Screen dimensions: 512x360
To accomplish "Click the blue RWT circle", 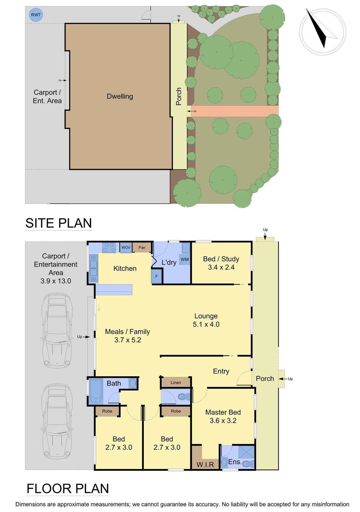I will [x=36, y=15].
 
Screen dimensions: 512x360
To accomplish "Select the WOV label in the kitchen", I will [x=126, y=247].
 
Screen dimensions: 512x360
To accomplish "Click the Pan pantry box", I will [x=142, y=247].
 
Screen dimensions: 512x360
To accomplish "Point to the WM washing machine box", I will [x=184, y=259].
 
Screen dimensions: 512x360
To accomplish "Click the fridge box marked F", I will [x=157, y=276].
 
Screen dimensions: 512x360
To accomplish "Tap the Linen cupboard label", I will [x=176, y=383].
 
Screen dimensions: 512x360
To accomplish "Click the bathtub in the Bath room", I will [x=96, y=391].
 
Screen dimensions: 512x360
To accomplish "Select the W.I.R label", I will [x=205, y=464].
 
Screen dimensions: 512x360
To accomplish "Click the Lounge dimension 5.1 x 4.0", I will [x=206, y=324].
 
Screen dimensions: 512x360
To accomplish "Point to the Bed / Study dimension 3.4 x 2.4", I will [x=221, y=267].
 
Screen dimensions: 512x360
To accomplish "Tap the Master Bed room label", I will [x=223, y=412].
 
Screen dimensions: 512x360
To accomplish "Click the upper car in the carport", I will [x=57, y=330].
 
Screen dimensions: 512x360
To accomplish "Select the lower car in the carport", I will [x=57, y=421].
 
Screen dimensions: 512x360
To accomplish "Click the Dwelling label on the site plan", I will [x=120, y=96].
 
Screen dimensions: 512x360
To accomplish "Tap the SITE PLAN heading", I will [x=59, y=223].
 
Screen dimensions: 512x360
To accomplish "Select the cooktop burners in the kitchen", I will [x=109, y=247].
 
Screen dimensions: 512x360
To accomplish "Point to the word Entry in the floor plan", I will [x=221, y=371].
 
